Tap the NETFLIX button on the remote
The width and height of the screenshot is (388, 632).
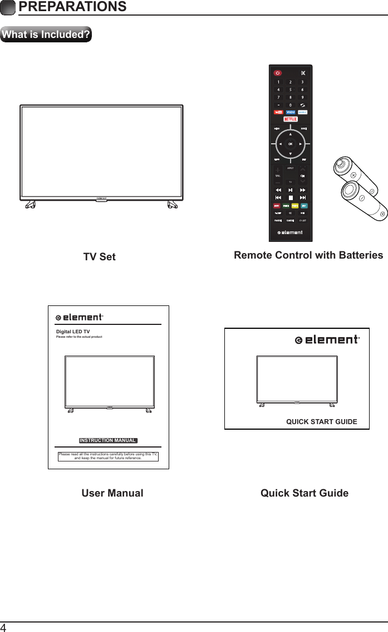pos(291,119)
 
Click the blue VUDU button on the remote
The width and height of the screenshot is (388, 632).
pos(291,112)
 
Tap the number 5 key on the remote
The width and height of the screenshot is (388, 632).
pos(290,90)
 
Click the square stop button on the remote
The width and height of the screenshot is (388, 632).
pos(290,197)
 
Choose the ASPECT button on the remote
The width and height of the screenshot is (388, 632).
pos(290,168)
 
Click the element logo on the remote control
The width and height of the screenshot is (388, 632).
pos(290,232)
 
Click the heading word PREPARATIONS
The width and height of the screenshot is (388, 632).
pos(72,7)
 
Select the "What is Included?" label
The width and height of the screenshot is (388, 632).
pos(46,35)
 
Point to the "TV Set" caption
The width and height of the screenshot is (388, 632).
pos(100,257)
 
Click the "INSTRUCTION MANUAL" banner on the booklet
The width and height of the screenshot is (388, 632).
pos(108,440)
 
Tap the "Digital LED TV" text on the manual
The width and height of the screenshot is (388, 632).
pos(73,332)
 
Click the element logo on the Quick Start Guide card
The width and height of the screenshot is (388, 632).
pos(327,340)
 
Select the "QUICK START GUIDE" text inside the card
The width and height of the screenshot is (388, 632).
pos(321,421)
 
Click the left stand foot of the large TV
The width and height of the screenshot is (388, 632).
pos(30,205)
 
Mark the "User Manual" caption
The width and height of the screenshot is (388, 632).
pos(112,493)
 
